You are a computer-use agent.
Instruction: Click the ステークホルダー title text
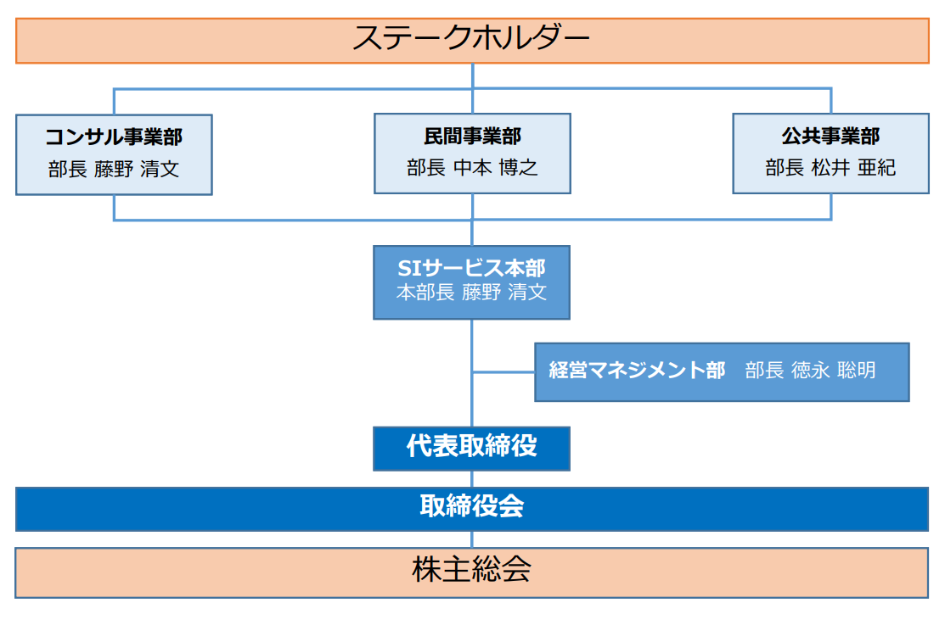click(x=471, y=39)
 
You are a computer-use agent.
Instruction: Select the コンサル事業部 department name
click(x=114, y=137)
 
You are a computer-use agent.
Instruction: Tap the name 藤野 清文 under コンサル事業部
click(x=137, y=168)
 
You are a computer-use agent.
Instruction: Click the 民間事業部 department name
click(x=472, y=137)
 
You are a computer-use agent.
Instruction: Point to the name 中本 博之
click(x=496, y=168)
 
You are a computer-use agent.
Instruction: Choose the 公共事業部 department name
click(x=830, y=137)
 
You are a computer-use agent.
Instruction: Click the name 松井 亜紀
click(x=853, y=168)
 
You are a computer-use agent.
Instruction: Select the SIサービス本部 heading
click(x=471, y=268)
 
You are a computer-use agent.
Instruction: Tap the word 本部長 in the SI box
click(x=425, y=293)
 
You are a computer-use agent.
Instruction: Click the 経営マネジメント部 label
click(x=637, y=371)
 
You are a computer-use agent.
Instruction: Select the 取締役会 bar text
click(x=471, y=507)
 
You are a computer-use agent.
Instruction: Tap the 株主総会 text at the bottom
click(x=471, y=570)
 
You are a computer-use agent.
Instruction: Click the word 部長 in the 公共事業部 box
click(x=784, y=168)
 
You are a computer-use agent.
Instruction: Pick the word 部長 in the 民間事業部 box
click(x=425, y=168)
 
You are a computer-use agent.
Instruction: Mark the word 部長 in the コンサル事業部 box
click(x=67, y=168)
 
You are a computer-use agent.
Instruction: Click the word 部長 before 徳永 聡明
click(x=764, y=371)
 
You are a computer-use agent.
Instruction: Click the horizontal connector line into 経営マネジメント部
click(x=503, y=371)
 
